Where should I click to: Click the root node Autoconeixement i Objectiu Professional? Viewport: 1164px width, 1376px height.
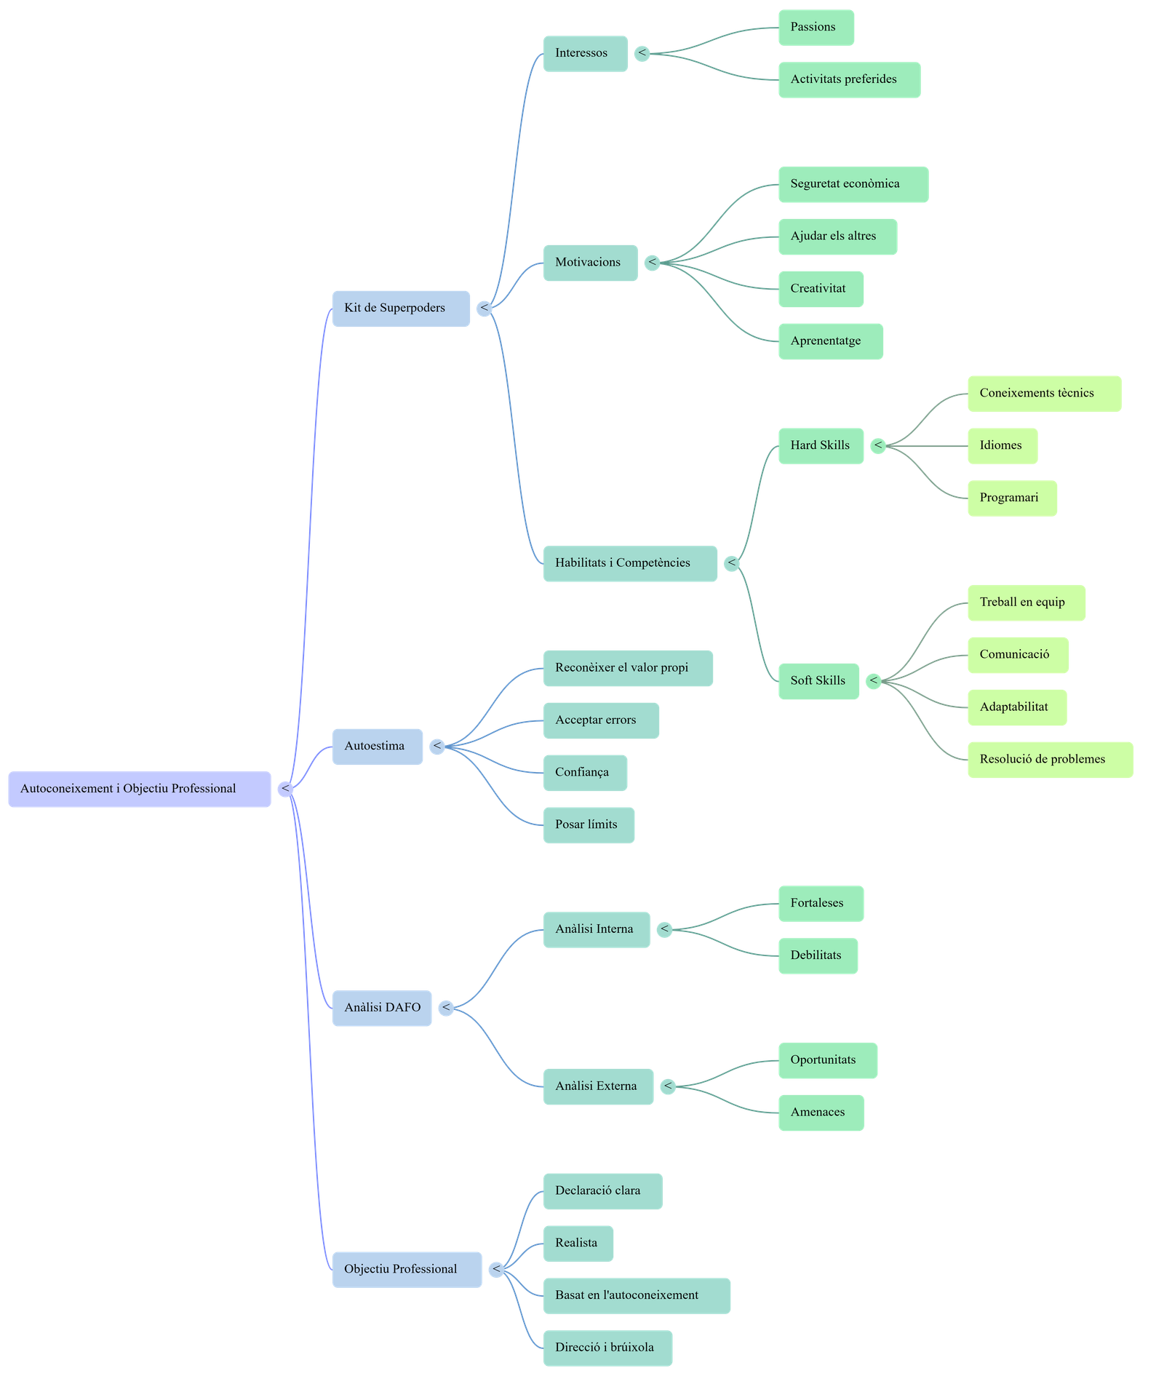point(140,789)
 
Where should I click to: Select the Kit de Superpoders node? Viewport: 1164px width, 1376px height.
point(401,309)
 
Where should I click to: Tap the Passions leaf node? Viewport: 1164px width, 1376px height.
point(816,28)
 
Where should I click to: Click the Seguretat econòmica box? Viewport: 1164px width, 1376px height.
point(853,184)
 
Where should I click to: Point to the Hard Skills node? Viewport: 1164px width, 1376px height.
point(821,445)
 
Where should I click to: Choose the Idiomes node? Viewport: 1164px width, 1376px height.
point(1002,445)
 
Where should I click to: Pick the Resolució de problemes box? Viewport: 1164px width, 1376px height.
point(1050,760)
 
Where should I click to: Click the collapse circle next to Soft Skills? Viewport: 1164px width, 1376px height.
point(874,681)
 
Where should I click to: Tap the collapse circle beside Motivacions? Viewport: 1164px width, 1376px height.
point(653,263)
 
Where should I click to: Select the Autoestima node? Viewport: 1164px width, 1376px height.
point(377,747)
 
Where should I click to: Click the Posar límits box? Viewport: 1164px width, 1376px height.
point(589,825)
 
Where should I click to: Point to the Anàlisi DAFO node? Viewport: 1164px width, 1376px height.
point(382,1008)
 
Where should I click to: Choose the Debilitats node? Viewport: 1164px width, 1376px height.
point(818,955)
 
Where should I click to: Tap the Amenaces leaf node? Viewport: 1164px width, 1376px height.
point(821,1113)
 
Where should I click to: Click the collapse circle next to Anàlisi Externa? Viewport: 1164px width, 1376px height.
point(668,1086)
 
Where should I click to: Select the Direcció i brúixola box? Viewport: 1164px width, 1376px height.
point(607,1348)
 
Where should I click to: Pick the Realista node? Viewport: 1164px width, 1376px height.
point(578,1243)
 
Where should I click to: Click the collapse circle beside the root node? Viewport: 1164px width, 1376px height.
point(286,789)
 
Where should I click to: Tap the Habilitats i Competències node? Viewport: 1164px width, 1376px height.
point(630,563)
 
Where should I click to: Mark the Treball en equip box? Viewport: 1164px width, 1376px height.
point(1026,603)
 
